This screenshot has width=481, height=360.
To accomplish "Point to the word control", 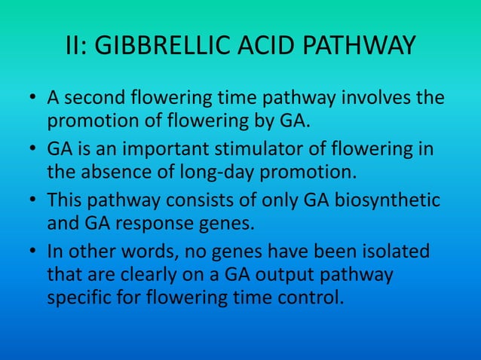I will tap(313, 297).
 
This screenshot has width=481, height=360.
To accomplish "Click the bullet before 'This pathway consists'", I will tap(34, 200).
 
